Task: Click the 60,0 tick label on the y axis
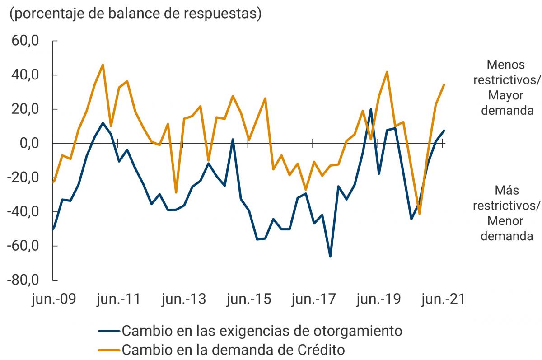tap(26, 41)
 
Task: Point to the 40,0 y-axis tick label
tap(26, 75)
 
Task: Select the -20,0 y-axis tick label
tap(23, 178)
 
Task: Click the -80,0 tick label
tap(23, 280)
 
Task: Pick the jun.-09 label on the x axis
tap(53, 299)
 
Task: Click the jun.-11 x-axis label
tap(118, 299)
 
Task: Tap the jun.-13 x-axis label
tap(183, 299)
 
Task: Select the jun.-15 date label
tap(248, 299)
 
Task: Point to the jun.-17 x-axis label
tap(313, 299)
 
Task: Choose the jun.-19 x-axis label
tap(378, 299)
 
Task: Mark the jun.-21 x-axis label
tap(443, 299)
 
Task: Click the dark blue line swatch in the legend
tap(109, 331)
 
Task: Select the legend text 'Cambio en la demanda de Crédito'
tap(234, 350)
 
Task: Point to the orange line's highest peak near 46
tap(103, 65)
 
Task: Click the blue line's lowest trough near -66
tap(330, 257)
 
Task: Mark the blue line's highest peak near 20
tap(371, 109)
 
